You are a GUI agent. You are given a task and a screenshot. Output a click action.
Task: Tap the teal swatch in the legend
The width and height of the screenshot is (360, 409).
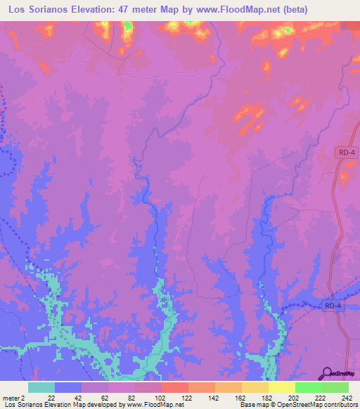click(x=41, y=387)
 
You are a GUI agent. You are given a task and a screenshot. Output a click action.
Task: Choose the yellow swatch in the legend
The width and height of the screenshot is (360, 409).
click(x=282, y=387)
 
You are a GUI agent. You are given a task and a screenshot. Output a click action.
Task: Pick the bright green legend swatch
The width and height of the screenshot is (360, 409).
click(x=309, y=387)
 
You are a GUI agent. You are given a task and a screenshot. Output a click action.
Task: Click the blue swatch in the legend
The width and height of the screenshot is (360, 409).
click(x=68, y=387)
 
